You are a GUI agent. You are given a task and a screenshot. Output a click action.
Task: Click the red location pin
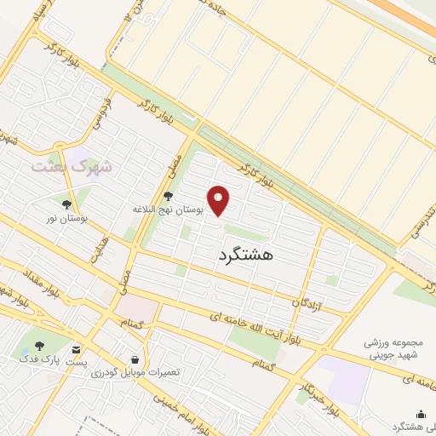click(220, 200)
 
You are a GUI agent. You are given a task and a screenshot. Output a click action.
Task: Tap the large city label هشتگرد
click(245, 254)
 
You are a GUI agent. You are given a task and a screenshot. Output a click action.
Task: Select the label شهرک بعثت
click(72, 166)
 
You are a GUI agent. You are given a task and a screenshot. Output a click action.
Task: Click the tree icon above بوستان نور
click(66, 204)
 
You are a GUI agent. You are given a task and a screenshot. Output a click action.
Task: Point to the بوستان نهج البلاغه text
click(168, 209)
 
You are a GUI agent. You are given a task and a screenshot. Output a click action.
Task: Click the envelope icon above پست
click(77, 349)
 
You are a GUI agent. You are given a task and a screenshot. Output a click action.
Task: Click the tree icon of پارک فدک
click(37, 346)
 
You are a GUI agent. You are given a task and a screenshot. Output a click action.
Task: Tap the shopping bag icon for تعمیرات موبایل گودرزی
click(134, 359)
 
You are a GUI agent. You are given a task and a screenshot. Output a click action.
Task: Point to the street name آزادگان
click(308, 301)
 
